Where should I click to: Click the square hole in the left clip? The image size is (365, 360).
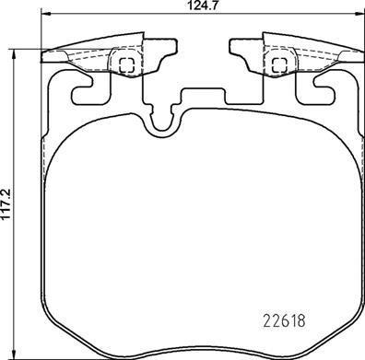coord(127,64)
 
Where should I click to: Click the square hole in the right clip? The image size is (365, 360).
coord(277,64)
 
